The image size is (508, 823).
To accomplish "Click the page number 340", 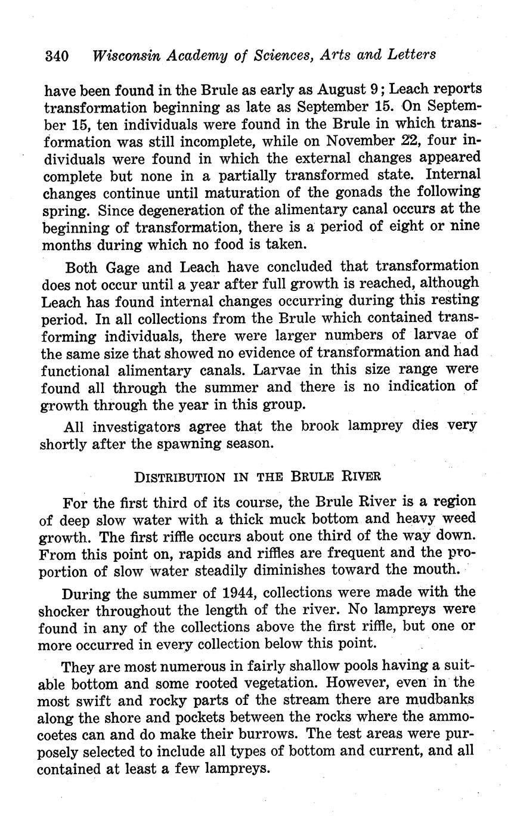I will (x=57, y=56).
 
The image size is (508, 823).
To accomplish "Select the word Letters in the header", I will (x=409, y=55).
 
